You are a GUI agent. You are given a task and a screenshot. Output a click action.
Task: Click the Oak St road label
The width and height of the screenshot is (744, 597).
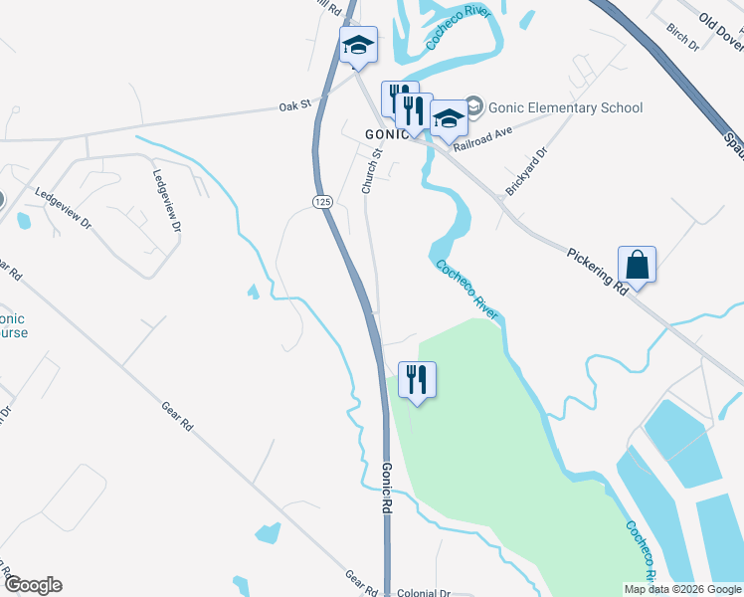295,103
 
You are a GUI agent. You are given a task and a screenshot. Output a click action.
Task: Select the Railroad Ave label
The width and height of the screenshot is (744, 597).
481,138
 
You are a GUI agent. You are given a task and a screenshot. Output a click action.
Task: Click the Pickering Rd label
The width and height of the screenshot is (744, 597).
597,271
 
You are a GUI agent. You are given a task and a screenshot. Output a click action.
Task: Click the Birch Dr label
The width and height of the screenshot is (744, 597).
684,38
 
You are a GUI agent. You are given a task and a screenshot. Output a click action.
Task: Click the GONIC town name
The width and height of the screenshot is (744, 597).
385,133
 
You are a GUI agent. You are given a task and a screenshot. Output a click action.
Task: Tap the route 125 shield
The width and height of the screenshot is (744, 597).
321,202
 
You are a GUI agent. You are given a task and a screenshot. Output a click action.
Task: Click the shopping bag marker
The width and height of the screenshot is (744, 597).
637,266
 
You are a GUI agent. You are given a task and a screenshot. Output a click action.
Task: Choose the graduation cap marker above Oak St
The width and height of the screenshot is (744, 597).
358,45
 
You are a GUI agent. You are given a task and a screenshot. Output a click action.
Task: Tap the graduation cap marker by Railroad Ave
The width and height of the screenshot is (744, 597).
450,118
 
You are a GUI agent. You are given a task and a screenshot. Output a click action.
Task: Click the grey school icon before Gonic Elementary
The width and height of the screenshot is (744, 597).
474,106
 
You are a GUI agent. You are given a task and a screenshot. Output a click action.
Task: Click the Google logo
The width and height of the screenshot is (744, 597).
32,585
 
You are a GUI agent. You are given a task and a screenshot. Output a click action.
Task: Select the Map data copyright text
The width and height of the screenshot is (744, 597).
682,589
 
